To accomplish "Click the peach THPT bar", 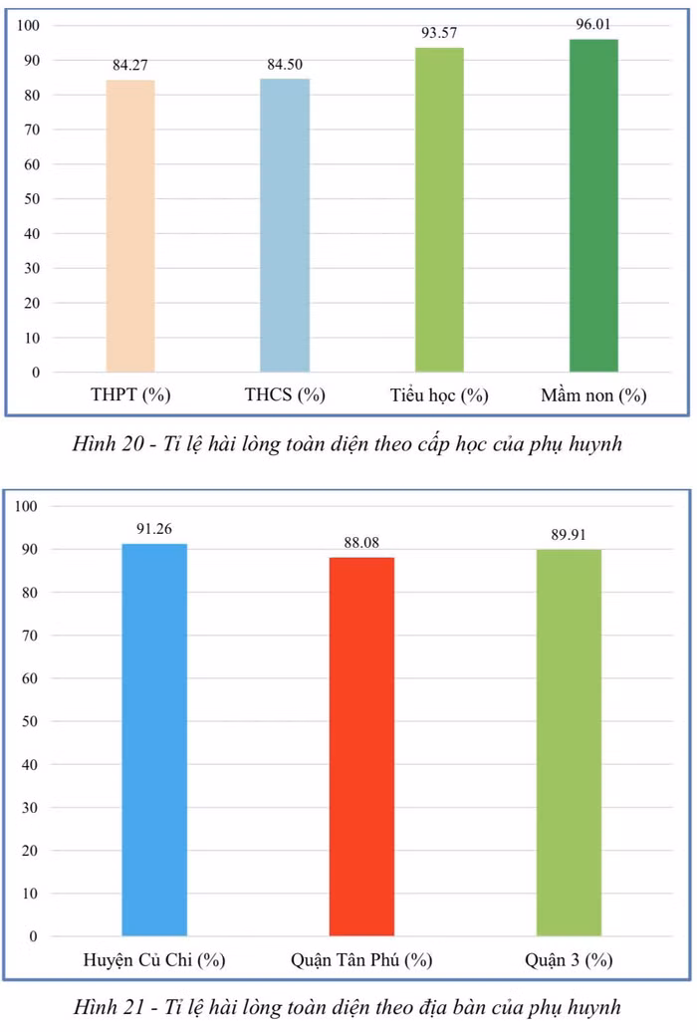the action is tap(130, 226).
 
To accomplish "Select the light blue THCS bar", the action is tap(285, 225).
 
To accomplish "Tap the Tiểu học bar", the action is tap(439, 210).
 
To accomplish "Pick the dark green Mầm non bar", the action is tap(593, 205).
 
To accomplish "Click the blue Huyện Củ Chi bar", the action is tap(154, 740).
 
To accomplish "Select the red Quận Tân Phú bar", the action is tap(362, 746).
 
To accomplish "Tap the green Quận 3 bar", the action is tap(569, 742).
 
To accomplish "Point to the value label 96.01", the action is tap(593, 24).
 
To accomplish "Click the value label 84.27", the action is tap(130, 65).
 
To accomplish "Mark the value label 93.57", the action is tap(439, 33).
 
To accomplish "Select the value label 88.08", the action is tap(362, 542).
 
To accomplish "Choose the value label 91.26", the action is tap(154, 529).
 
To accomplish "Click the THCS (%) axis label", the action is tap(285, 394).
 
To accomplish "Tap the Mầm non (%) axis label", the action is tap(593, 394).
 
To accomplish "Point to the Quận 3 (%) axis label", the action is tap(569, 959).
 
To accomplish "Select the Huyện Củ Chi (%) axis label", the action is tap(154, 959).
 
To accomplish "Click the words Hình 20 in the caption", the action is tap(109, 443).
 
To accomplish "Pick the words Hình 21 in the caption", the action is tap(109, 1007).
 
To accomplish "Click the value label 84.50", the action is tap(285, 64).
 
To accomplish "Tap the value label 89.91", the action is tap(569, 534).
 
